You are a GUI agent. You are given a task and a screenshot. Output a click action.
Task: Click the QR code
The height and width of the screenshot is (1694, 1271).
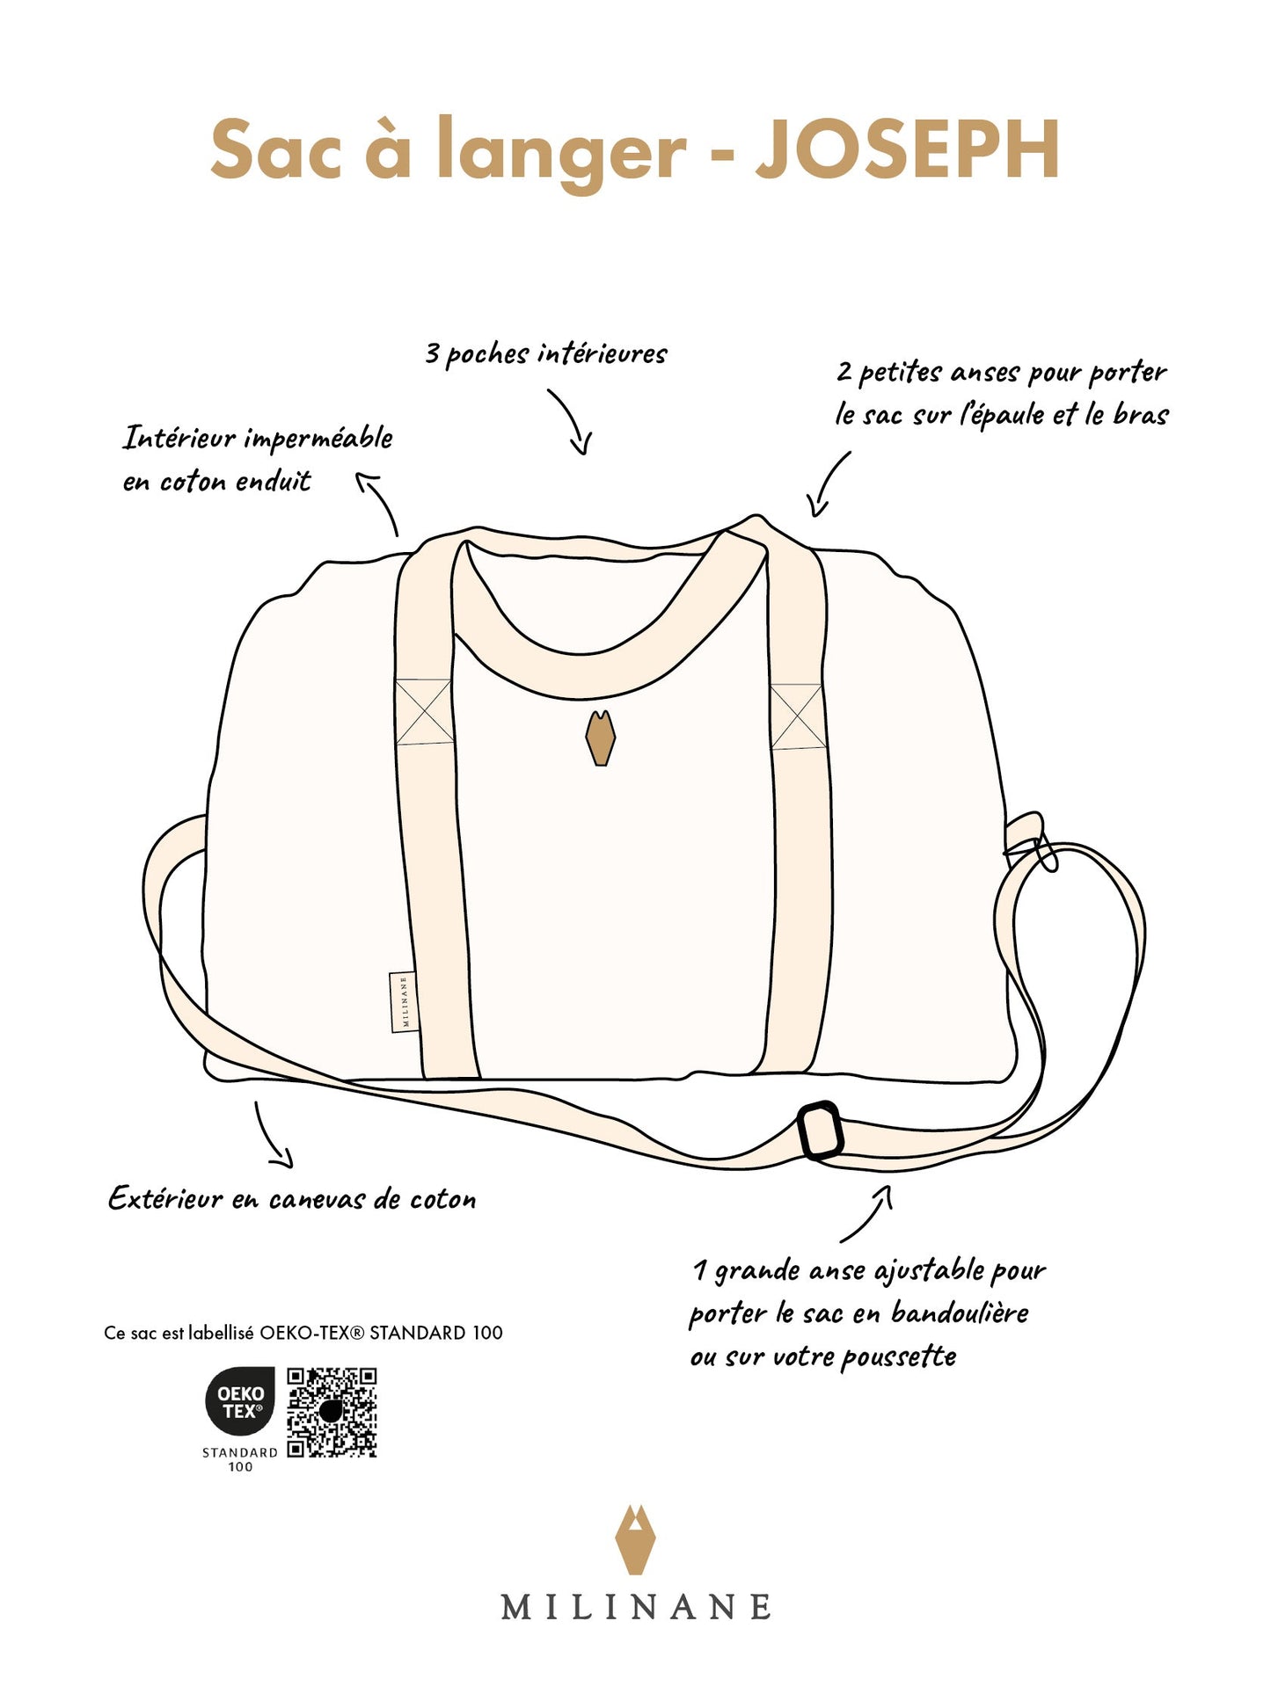point(332,1412)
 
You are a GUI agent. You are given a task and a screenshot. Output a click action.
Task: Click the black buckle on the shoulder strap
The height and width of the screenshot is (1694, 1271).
point(820,1130)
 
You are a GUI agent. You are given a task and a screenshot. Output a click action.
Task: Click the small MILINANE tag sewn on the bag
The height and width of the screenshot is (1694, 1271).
point(404,1001)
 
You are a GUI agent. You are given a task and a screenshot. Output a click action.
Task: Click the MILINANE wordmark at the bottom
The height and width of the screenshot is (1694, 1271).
point(635,1607)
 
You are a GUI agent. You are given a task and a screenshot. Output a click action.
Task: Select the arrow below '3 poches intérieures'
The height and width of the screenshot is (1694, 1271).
point(572,422)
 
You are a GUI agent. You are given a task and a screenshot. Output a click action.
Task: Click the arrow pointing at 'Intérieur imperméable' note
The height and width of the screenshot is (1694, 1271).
point(380,502)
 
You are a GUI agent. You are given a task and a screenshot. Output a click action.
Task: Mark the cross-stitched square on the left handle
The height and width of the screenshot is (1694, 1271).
point(423,712)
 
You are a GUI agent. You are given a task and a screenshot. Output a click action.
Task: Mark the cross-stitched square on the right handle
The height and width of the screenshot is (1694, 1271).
point(798,716)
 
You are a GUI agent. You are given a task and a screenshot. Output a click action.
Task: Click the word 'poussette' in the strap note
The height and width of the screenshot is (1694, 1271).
point(898,1356)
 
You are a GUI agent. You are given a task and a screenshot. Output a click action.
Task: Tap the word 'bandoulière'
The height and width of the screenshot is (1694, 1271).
point(960,1312)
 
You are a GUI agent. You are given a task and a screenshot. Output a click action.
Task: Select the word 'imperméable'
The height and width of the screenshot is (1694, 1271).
point(318,438)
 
